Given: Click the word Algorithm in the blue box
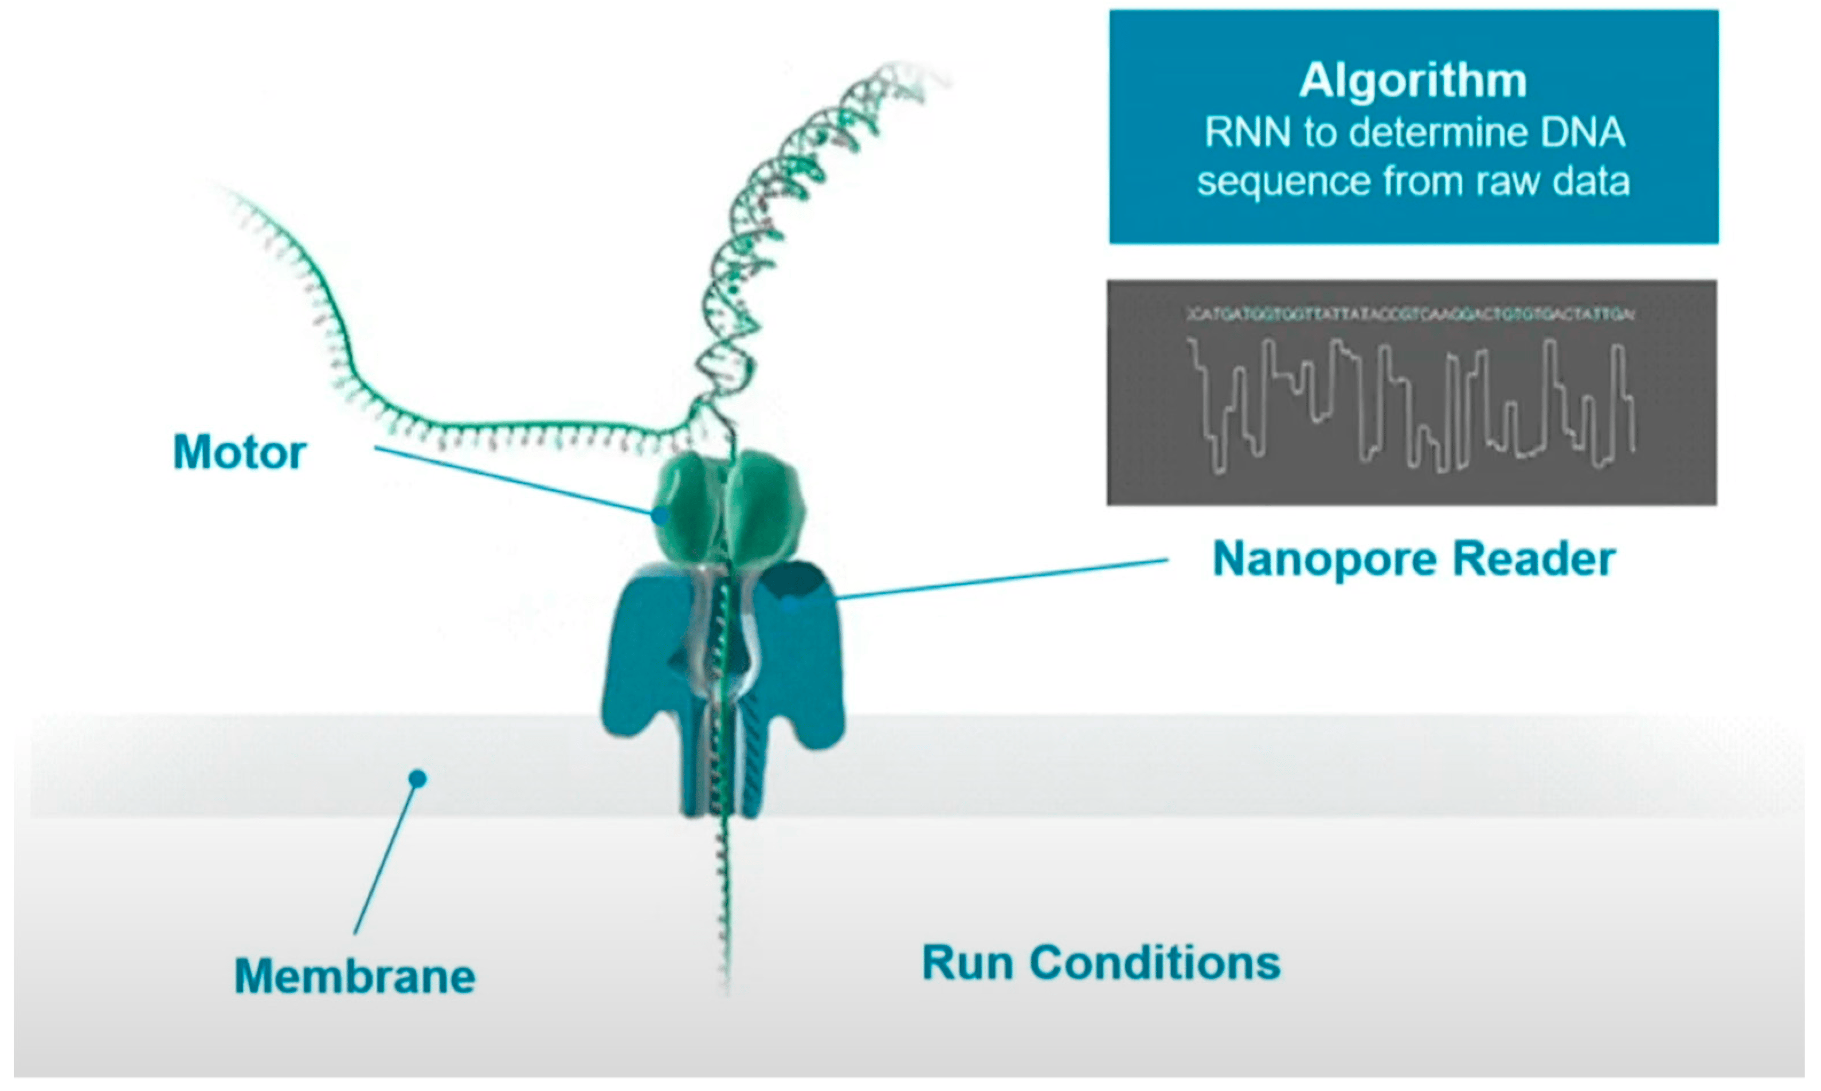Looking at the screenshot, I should (1412, 81).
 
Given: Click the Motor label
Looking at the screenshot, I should (240, 452).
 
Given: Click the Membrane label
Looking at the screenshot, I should (354, 976).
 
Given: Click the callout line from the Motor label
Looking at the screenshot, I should (515, 481).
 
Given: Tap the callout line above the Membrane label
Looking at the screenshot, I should (386, 857).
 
